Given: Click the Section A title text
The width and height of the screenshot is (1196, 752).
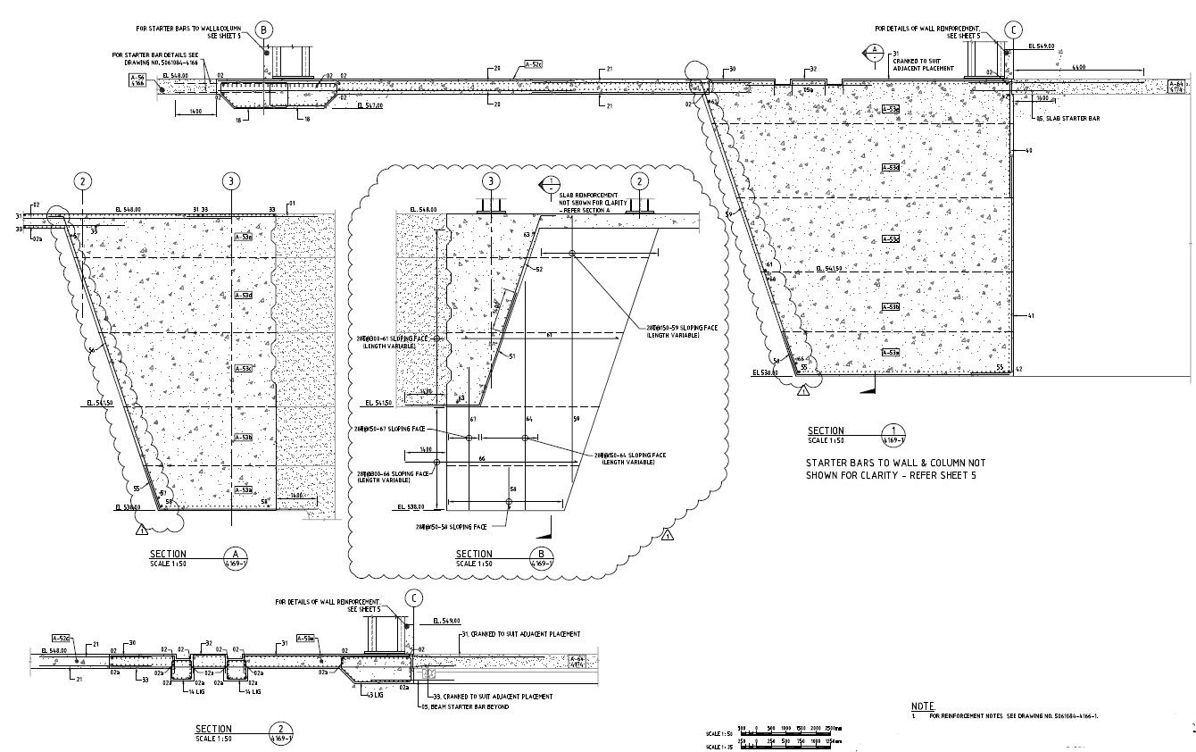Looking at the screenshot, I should pyautogui.click(x=169, y=554).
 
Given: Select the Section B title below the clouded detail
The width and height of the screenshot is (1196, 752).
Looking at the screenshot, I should pyautogui.click(x=474, y=554).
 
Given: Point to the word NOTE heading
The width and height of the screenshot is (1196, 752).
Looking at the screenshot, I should pyautogui.click(x=923, y=706).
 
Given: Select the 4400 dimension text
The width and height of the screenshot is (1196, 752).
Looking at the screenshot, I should pyautogui.click(x=1077, y=66).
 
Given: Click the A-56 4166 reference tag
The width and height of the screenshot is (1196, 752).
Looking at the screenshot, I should pyautogui.click(x=137, y=80).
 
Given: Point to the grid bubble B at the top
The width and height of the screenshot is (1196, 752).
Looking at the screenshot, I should pyautogui.click(x=263, y=29).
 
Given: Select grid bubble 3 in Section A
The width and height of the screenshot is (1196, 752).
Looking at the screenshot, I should pyautogui.click(x=231, y=181).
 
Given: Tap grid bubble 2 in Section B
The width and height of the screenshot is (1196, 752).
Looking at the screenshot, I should pyautogui.click(x=639, y=181).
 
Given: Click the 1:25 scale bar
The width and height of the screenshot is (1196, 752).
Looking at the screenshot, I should pyautogui.click(x=794, y=745).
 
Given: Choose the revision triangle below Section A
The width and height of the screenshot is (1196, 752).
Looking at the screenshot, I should pyautogui.click(x=141, y=531).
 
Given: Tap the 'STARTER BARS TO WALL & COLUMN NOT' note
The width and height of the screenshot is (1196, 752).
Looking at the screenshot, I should pyautogui.click(x=895, y=464).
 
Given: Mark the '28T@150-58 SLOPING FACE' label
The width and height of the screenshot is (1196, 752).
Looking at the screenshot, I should pyautogui.click(x=452, y=528).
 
